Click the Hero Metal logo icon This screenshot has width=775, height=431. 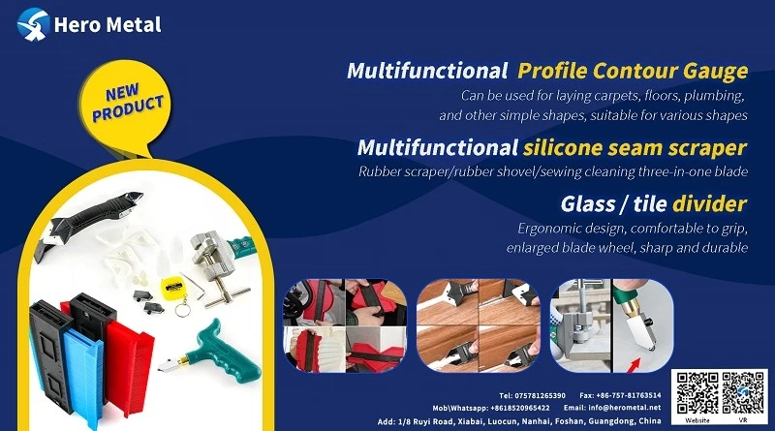[33, 23]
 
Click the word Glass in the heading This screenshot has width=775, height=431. [588, 203]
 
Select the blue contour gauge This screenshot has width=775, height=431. [81, 375]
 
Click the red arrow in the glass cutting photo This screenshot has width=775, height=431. [635, 365]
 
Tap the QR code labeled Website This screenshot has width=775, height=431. [697, 393]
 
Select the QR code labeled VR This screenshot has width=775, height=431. [743, 393]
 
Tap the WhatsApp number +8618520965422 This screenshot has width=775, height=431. [520, 409]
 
